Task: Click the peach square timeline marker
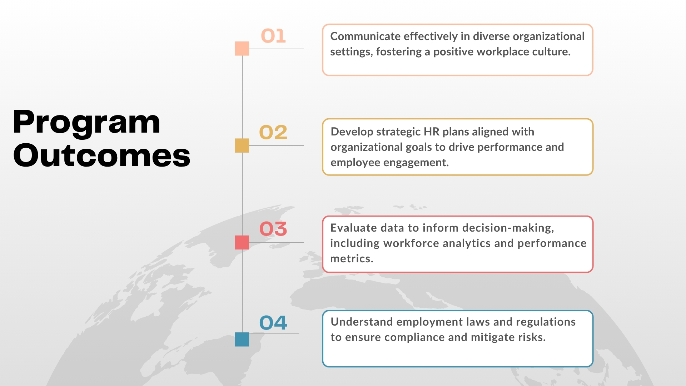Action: pyautogui.click(x=242, y=49)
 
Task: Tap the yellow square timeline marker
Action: pyautogui.click(x=242, y=145)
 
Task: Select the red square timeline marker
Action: pyautogui.click(x=242, y=242)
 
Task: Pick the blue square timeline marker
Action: pyautogui.click(x=242, y=339)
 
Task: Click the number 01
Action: pyautogui.click(x=273, y=36)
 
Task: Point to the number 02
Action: pyautogui.click(x=273, y=132)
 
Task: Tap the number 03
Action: pyautogui.click(x=273, y=229)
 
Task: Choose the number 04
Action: pyautogui.click(x=273, y=323)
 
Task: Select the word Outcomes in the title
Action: pyautogui.click(x=102, y=155)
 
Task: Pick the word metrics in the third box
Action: pyautogui.click(x=352, y=258)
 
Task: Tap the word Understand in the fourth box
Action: pyautogui.click(x=362, y=322)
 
